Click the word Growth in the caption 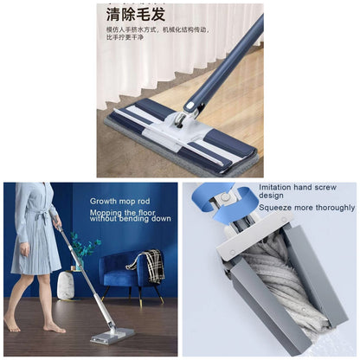(106, 202)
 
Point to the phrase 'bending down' (147, 219)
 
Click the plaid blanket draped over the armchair (153, 265)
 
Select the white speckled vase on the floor (66, 286)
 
